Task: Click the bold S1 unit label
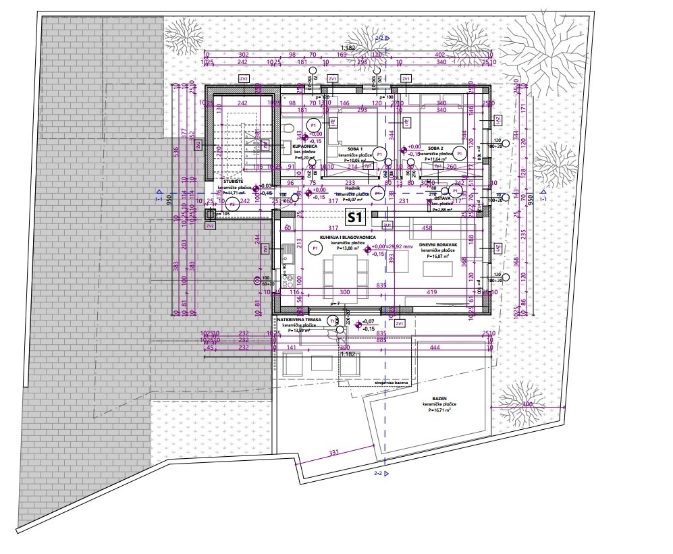[355, 217]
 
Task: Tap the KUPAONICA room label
[304, 146]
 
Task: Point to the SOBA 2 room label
[436, 148]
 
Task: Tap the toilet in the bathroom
[287, 129]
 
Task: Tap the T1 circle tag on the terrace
[331, 321]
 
